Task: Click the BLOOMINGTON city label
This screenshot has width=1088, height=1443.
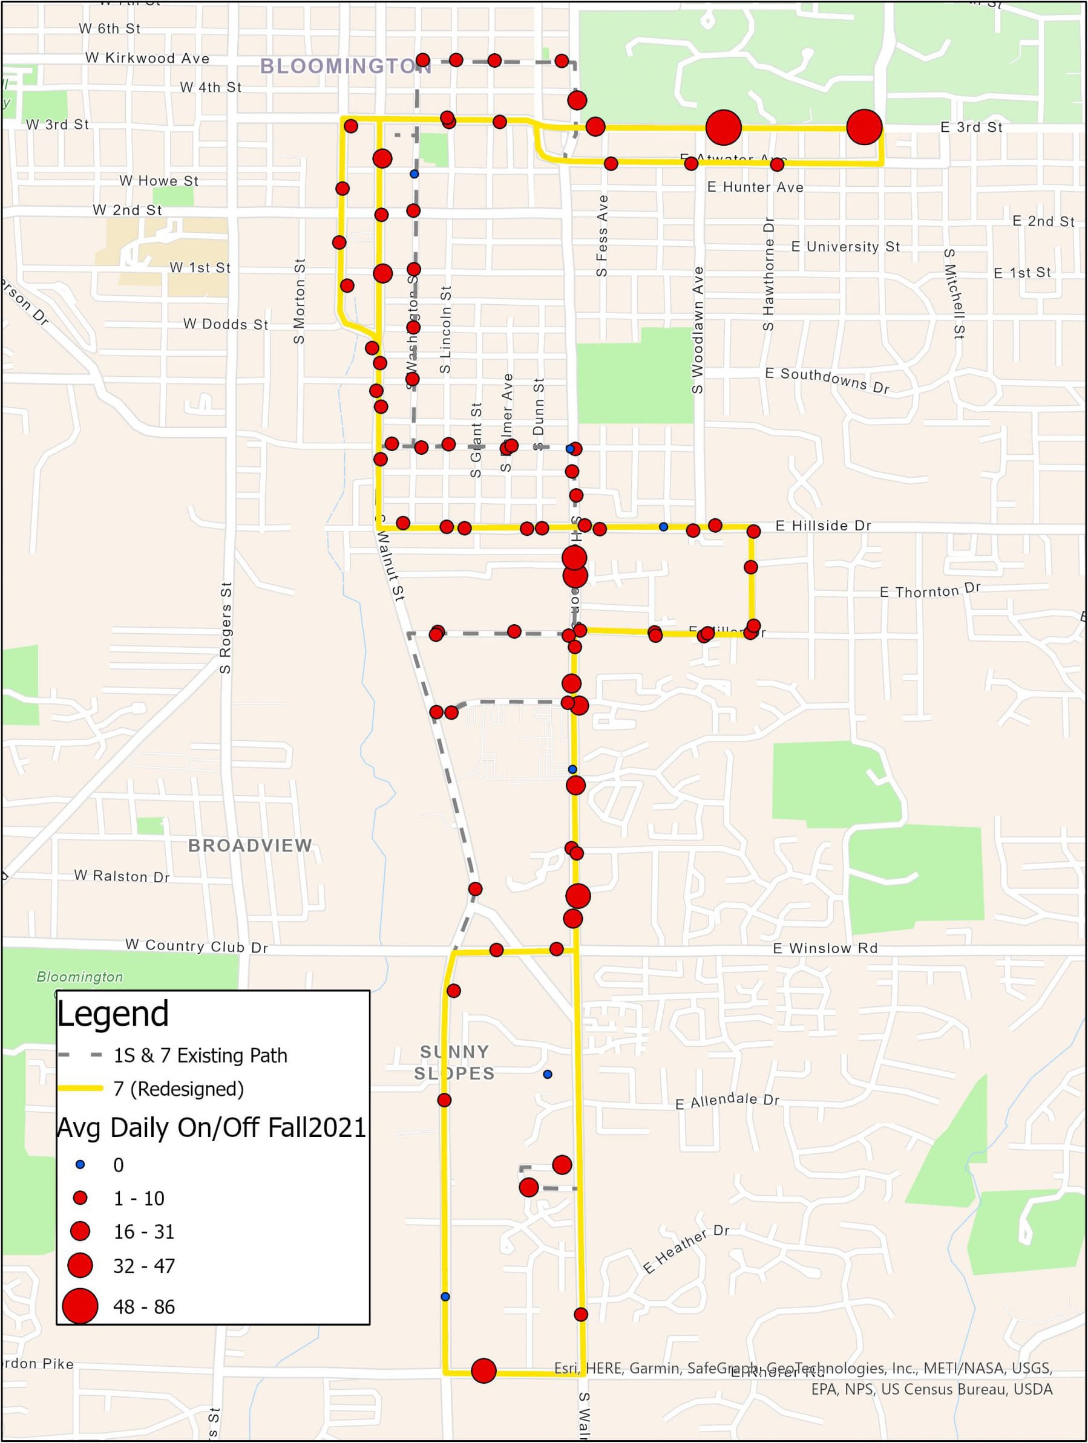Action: (x=344, y=66)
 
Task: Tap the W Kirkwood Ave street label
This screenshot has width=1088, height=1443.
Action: (x=148, y=58)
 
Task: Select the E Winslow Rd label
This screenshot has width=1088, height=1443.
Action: (x=825, y=948)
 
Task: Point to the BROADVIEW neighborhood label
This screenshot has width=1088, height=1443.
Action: (x=250, y=845)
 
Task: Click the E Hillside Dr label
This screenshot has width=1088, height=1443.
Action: (x=823, y=525)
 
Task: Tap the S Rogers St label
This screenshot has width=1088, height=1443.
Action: (x=226, y=628)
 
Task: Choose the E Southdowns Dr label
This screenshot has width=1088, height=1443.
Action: (x=827, y=380)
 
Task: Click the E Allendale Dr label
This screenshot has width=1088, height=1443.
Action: (x=727, y=1101)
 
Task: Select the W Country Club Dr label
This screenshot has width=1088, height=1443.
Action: (x=197, y=946)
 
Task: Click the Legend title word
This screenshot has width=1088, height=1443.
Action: (x=113, y=1014)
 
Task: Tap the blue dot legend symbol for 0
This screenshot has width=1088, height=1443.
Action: (x=80, y=1164)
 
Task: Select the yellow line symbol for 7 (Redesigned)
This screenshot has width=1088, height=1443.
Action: (x=80, y=1089)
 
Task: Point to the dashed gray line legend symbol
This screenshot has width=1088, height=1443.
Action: (x=80, y=1055)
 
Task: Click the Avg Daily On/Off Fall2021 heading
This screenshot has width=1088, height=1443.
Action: (x=211, y=1127)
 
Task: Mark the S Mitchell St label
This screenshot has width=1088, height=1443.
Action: (x=954, y=293)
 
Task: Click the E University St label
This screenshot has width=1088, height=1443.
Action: (x=845, y=247)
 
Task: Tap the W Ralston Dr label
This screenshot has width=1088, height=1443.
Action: (x=122, y=876)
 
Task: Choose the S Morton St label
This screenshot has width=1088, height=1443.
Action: (x=300, y=301)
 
